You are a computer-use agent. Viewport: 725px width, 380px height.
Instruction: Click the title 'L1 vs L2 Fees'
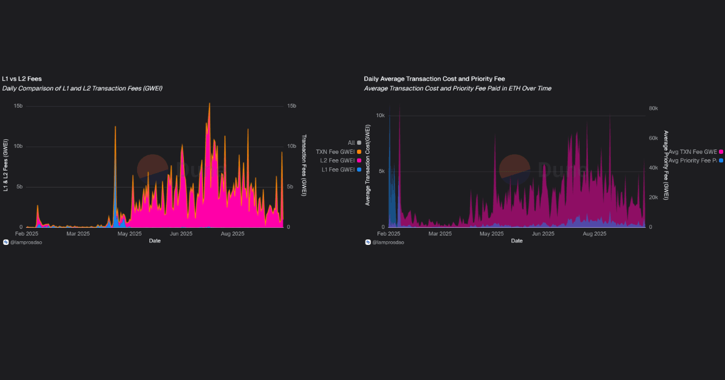[x=22, y=78]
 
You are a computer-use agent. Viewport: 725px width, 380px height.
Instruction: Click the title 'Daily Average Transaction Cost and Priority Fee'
[x=434, y=78]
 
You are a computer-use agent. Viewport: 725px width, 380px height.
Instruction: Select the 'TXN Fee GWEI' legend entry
[x=335, y=151]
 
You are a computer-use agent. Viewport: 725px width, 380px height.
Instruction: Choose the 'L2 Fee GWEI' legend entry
[x=337, y=160]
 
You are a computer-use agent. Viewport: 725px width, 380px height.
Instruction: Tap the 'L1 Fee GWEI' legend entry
[x=337, y=169]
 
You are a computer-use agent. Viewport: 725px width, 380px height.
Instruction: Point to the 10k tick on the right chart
[x=381, y=115]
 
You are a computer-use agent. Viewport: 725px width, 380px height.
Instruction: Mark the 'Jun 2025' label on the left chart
[x=181, y=233]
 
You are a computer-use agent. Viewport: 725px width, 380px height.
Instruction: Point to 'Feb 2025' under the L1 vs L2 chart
[x=27, y=233]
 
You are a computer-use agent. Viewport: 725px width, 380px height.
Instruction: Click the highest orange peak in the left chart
[x=210, y=104]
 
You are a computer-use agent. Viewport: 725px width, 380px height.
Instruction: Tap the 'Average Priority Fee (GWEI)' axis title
[x=666, y=165]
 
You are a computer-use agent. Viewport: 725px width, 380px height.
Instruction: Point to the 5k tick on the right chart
[x=381, y=171]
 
